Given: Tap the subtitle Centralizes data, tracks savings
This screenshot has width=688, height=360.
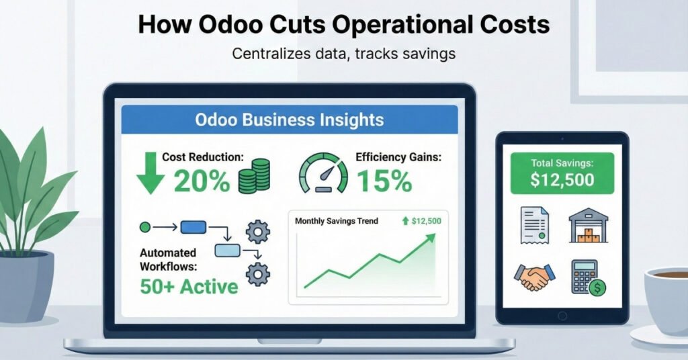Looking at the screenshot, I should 343,54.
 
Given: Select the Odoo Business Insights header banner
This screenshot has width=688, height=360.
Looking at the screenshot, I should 289,120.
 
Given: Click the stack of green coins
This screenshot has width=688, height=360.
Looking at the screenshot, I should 254,176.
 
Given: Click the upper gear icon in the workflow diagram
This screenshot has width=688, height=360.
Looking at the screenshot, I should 257,232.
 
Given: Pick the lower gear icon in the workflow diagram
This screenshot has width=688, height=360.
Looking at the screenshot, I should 257,274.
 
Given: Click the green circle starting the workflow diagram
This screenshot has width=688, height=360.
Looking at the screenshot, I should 144,228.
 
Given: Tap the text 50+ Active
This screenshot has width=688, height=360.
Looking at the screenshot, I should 189,287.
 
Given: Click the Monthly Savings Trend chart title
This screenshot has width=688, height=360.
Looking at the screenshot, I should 336,221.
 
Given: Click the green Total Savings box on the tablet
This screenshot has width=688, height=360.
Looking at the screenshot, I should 562,173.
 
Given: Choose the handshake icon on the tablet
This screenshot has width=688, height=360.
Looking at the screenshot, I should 533,277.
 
